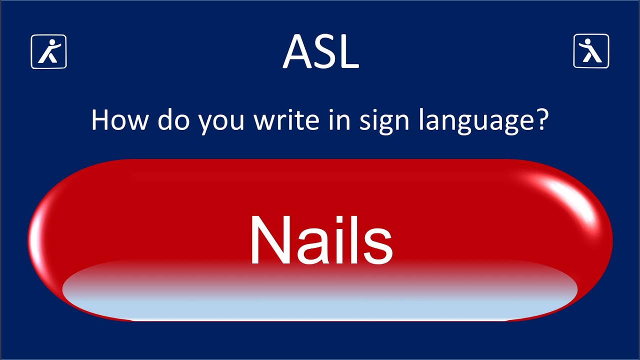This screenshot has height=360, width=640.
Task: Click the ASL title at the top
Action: pos(320,51)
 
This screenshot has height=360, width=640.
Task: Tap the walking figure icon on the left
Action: pos(49,51)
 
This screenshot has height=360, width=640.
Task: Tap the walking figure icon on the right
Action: pos(591,51)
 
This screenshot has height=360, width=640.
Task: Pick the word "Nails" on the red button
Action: pos(320,240)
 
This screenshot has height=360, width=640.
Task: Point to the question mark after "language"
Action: pos(543,120)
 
